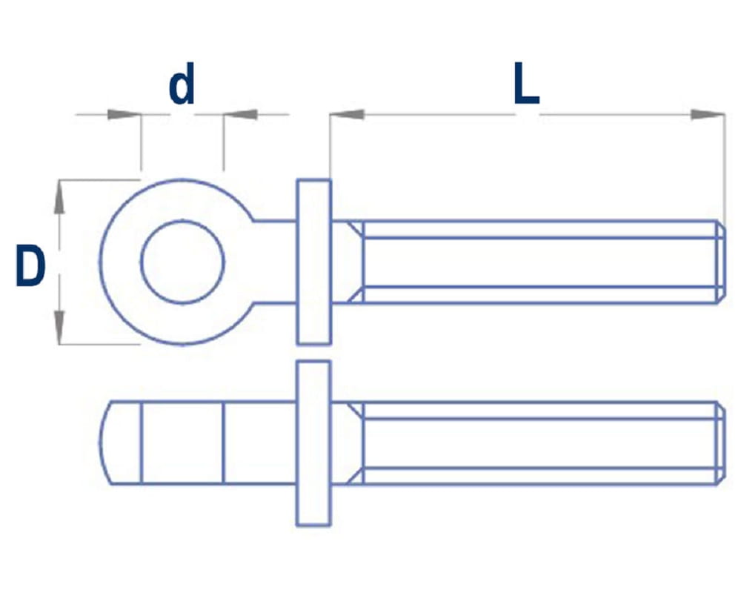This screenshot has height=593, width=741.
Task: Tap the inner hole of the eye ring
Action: (x=182, y=262)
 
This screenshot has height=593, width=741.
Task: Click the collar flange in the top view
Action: (x=313, y=262)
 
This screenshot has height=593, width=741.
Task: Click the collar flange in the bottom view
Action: (x=313, y=443)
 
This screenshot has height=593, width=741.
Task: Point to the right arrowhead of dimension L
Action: (x=708, y=114)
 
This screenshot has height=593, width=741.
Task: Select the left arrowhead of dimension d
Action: (x=124, y=115)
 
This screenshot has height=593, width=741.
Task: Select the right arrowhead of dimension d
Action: (x=240, y=115)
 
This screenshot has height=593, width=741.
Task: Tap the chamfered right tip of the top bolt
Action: (x=720, y=262)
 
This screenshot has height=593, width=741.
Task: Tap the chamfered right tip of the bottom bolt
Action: (x=720, y=443)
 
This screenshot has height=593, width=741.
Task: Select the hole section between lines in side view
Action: (x=182, y=443)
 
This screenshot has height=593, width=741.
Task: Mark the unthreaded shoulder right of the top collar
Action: (x=345, y=262)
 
